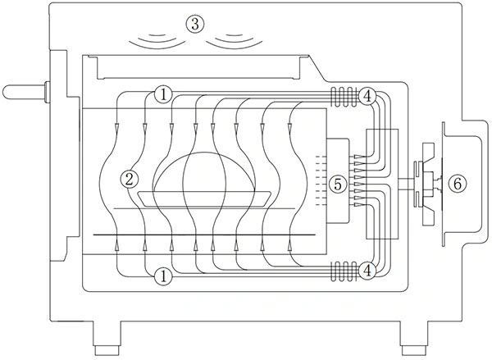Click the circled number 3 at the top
(194, 23)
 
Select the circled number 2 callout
(128, 176)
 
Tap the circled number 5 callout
(337, 185)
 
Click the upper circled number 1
(164, 95)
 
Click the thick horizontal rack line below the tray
(205, 235)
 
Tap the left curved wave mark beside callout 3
(157, 39)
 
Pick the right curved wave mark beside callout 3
(234, 39)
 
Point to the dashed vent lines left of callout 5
(318, 180)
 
